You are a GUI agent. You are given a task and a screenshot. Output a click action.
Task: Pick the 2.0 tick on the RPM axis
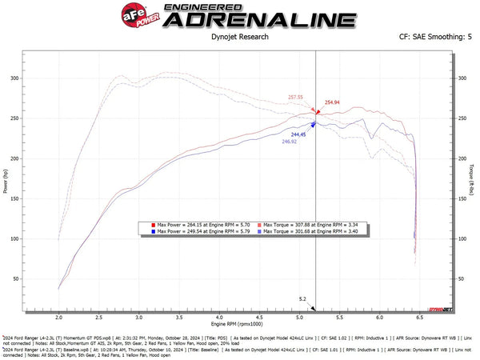[x=59, y=318]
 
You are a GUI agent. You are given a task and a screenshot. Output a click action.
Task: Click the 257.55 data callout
[x=296, y=97]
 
